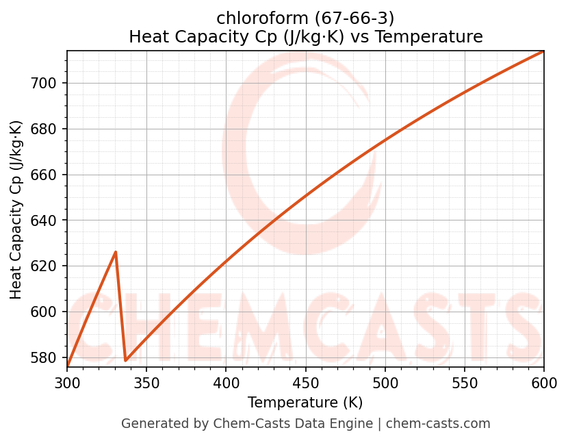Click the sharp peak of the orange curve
pos(116,252)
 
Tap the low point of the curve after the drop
pos(125,360)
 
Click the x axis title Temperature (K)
pos(305,403)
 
